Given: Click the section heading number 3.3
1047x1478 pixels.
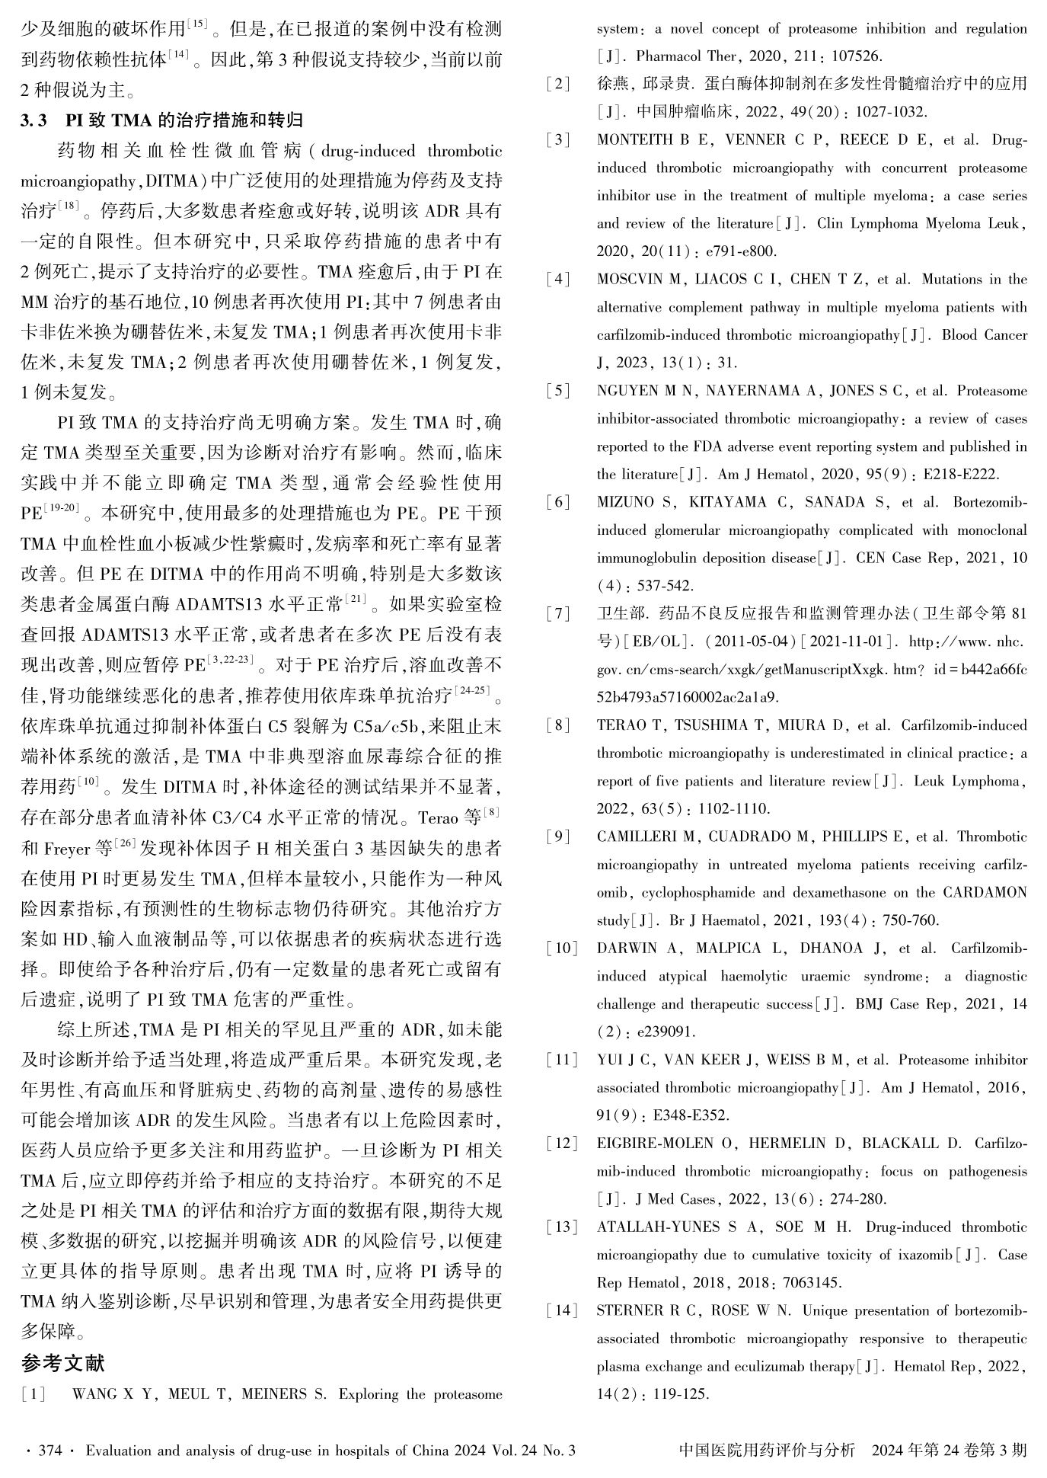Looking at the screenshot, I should pyautogui.click(x=35, y=120).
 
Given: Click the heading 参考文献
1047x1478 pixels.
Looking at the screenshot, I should pyautogui.click(x=62, y=1363).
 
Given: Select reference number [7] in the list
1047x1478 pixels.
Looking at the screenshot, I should pyautogui.click(x=558, y=613).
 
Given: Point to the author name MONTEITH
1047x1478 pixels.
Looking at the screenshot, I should pyautogui.click(x=635, y=140).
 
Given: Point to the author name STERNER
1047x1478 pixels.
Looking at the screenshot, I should pyautogui.click(x=630, y=1311).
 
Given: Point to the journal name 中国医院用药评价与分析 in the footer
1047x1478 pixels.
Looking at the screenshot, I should pyautogui.click(x=767, y=1451).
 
